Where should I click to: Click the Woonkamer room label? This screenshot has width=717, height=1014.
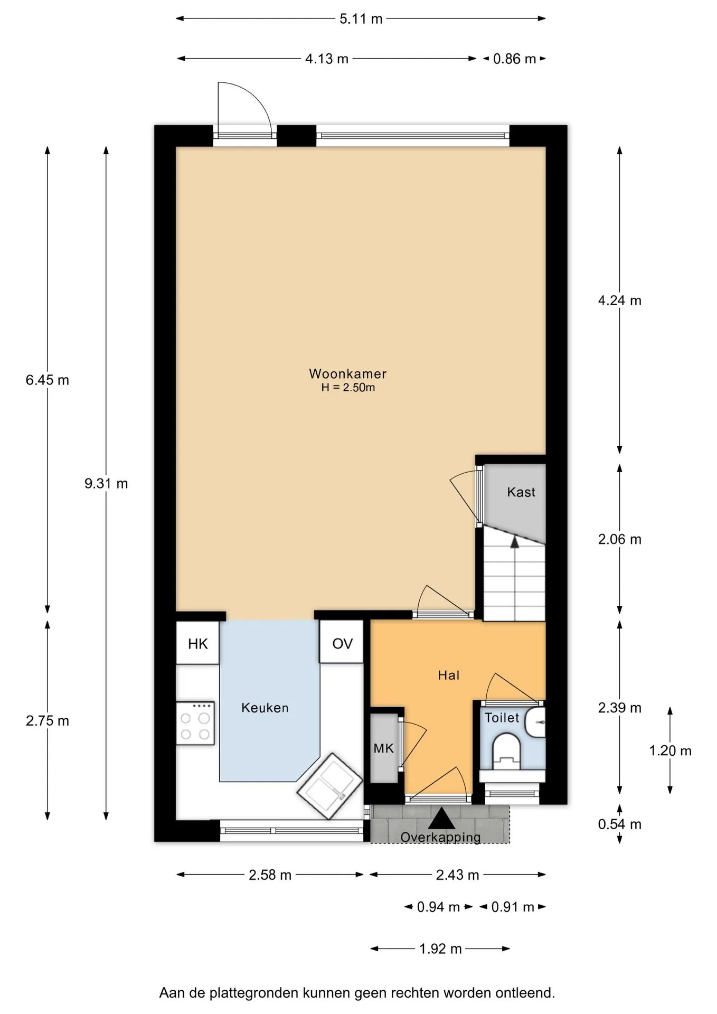(x=347, y=374)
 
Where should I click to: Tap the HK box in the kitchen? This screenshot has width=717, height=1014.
(x=197, y=643)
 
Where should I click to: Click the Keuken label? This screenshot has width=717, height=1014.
(x=265, y=708)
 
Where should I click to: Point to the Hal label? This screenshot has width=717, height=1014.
(x=449, y=675)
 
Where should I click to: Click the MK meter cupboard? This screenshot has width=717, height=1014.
(x=384, y=748)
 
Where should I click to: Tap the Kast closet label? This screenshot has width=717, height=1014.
(x=521, y=492)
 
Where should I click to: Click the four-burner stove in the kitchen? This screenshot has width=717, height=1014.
(x=195, y=723)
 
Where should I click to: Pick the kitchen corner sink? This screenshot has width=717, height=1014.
(x=330, y=786)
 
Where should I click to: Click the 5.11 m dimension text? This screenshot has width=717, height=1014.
(x=361, y=19)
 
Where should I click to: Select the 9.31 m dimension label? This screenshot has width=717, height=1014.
(x=106, y=483)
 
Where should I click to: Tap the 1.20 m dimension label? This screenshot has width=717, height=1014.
(x=670, y=750)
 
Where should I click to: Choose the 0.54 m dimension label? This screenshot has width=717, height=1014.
(x=619, y=824)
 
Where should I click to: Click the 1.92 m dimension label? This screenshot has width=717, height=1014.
(x=440, y=949)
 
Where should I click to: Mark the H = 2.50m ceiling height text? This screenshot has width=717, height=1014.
(x=348, y=388)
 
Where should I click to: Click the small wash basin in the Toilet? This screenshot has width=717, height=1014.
(x=536, y=722)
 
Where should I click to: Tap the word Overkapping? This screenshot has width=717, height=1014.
(x=440, y=837)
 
